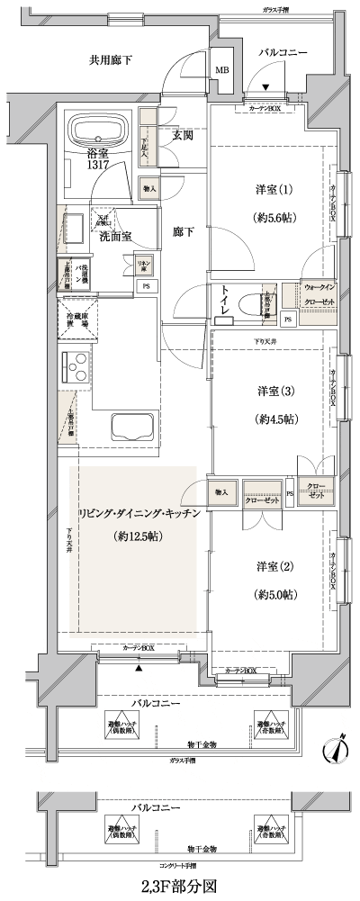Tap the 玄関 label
click(184, 136)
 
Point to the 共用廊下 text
click(111, 60)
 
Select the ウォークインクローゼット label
click(317, 295)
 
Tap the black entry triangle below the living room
click(139, 669)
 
